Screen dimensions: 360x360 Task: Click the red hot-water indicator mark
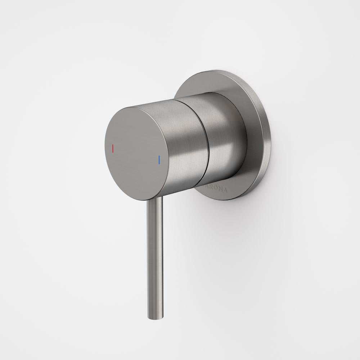point(113,148)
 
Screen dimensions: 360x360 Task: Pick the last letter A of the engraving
point(226,192)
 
